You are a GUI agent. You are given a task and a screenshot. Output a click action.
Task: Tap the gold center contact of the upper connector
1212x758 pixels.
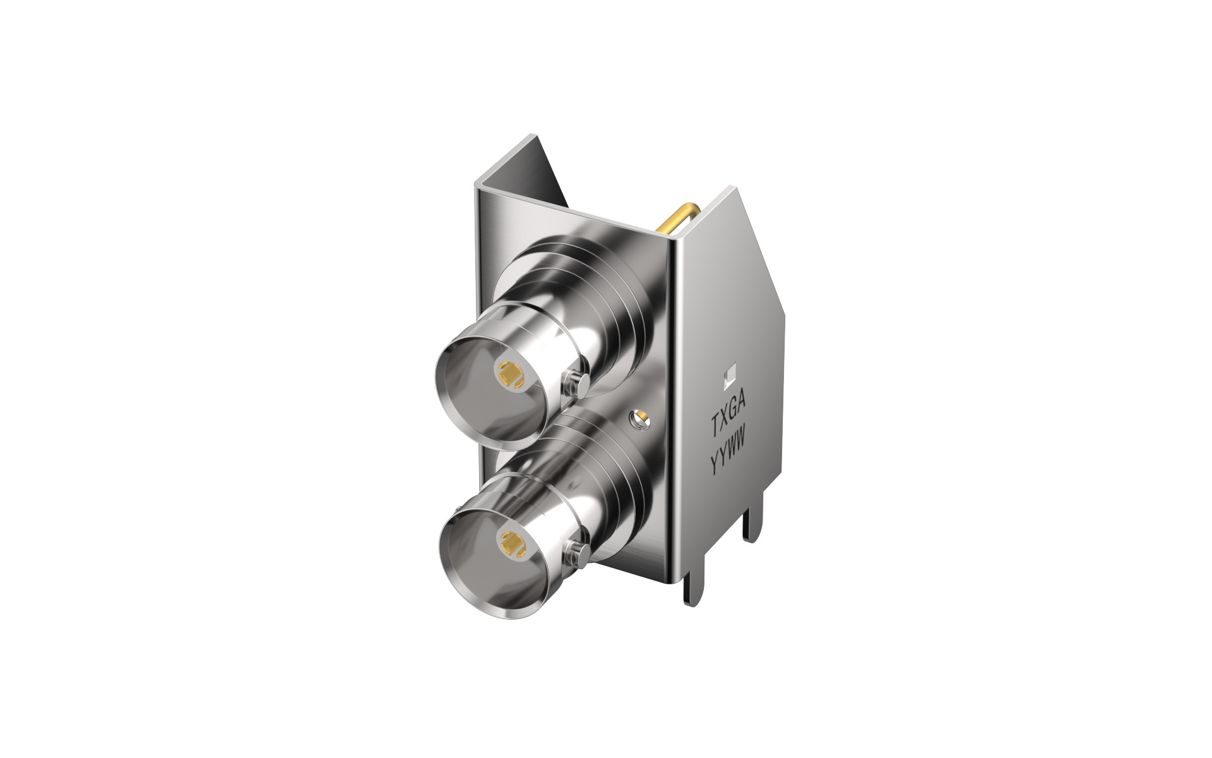[x=508, y=375]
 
